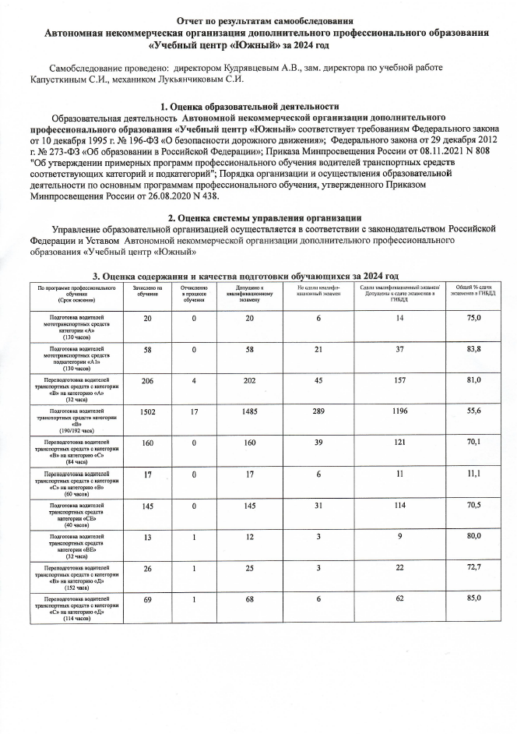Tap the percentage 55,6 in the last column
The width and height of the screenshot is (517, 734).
coord(473,410)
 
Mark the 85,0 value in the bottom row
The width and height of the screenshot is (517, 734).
coord(473,598)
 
